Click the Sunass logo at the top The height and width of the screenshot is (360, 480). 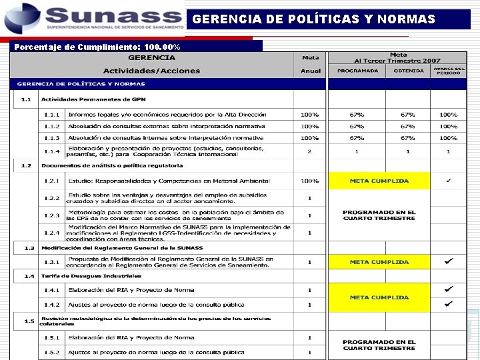pyautogui.click(x=93, y=18)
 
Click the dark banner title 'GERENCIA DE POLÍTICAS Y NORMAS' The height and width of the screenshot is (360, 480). pyautogui.click(x=313, y=19)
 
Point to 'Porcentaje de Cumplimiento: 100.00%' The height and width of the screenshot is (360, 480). pyautogui.click(x=97, y=47)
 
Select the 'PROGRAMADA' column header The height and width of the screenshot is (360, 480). pyautogui.click(x=357, y=71)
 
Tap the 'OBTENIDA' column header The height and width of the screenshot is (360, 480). pyautogui.click(x=407, y=71)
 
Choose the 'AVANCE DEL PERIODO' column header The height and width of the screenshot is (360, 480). pyautogui.click(x=448, y=71)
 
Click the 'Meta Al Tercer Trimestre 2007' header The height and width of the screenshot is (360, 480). pyautogui.click(x=398, y=57)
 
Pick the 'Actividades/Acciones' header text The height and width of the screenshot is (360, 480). pyautogui.click(x=151, y=71)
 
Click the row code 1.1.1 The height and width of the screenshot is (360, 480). pyautogui.click(x=52, y=115)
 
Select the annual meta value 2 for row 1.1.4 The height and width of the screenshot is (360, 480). pyautogui.click(x=309, y=151)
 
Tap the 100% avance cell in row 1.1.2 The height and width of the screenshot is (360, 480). pyautogui.click(x=448, y=126)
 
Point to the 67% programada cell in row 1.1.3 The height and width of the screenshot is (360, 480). pyautogui.click(x=357, y=138)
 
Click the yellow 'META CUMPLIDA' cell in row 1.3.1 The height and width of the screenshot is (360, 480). pyautogui.click(x=379, y=262)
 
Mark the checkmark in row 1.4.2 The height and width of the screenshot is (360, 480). pyautogui.click(x=448, y=304)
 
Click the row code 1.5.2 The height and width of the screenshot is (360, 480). pyautogui.click(x=52, y=352)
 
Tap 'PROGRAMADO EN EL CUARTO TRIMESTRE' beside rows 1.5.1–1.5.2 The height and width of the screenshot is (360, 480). pyautogui.click(x=379, y=345)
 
